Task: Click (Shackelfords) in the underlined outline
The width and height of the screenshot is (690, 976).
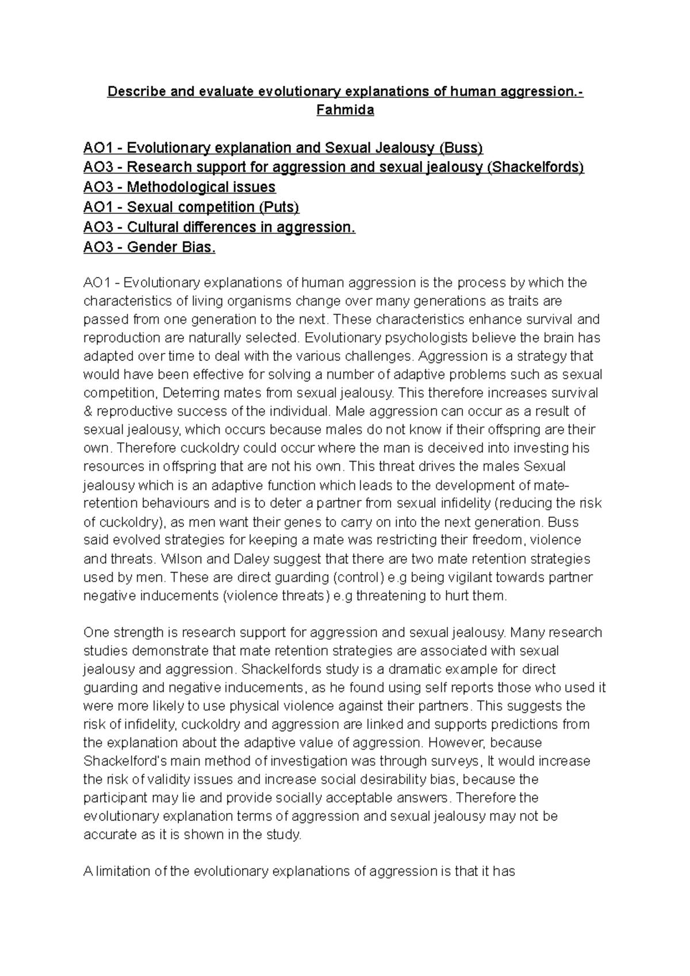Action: tap(535, 167)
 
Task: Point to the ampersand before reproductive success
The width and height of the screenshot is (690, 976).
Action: tap(88, 412)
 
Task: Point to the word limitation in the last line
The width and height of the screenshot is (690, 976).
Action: tap(122, 871)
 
